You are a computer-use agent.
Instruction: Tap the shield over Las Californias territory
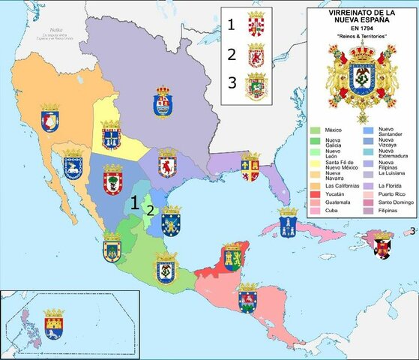pyautogui.click(x=49, y=118)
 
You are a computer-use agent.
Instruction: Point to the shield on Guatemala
pyautogui.click(x=247, y=298)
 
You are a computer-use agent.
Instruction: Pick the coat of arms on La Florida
pyautogui.click(x=249, y=167)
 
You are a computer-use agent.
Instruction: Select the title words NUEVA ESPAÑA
pyautogui.click(x=361, y=22)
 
